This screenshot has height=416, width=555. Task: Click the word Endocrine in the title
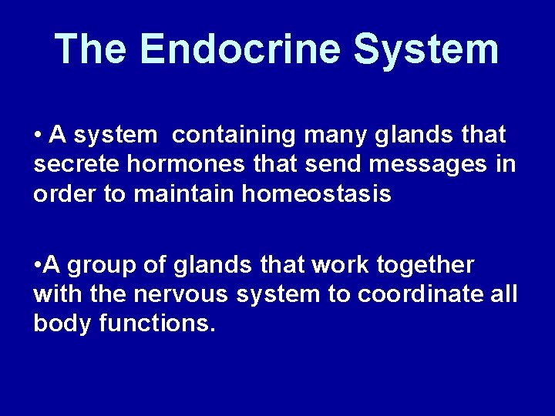[x=240, y=49]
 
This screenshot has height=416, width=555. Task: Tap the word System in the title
[x=425, y=49]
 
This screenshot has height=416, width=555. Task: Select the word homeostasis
[x=316, y=194]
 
